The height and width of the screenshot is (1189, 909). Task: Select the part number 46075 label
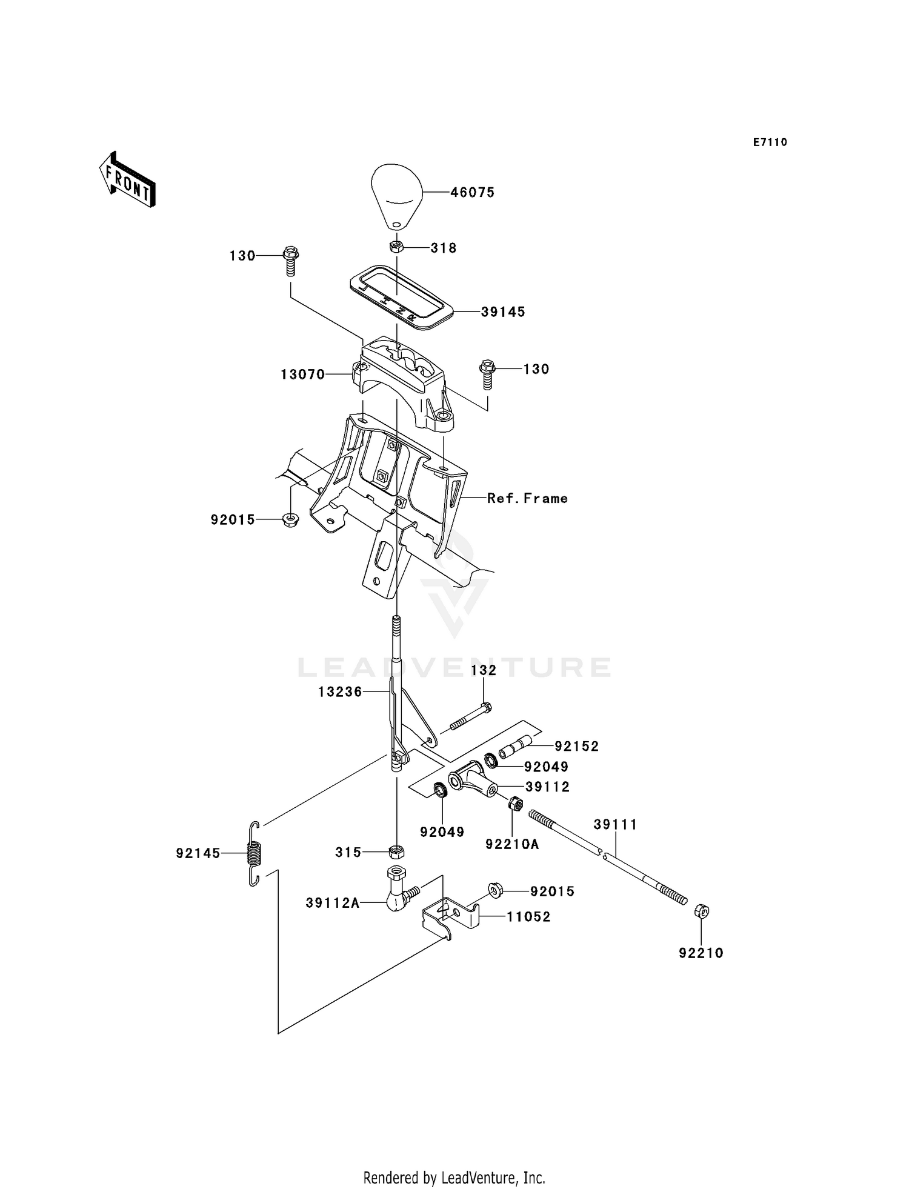tap(472, 192)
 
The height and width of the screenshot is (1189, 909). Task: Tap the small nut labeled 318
tap(396, 247)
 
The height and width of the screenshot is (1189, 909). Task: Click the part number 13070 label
tap(302, 375)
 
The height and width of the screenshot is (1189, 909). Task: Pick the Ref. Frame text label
tap(527, 498)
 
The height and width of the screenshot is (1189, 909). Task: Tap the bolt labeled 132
tap(470, 716)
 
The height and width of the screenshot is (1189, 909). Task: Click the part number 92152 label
tap(576, 747)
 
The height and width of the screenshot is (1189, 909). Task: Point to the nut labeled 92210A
tap(516, 804)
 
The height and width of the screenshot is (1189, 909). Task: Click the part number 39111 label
tap(615, 824)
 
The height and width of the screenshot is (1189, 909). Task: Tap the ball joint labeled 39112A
tap(398, 891)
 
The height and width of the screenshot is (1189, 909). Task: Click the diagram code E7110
tap(770, 142)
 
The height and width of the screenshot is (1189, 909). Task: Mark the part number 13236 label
tap(340, 691)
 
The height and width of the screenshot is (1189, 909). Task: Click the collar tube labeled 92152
tap(515, 747)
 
